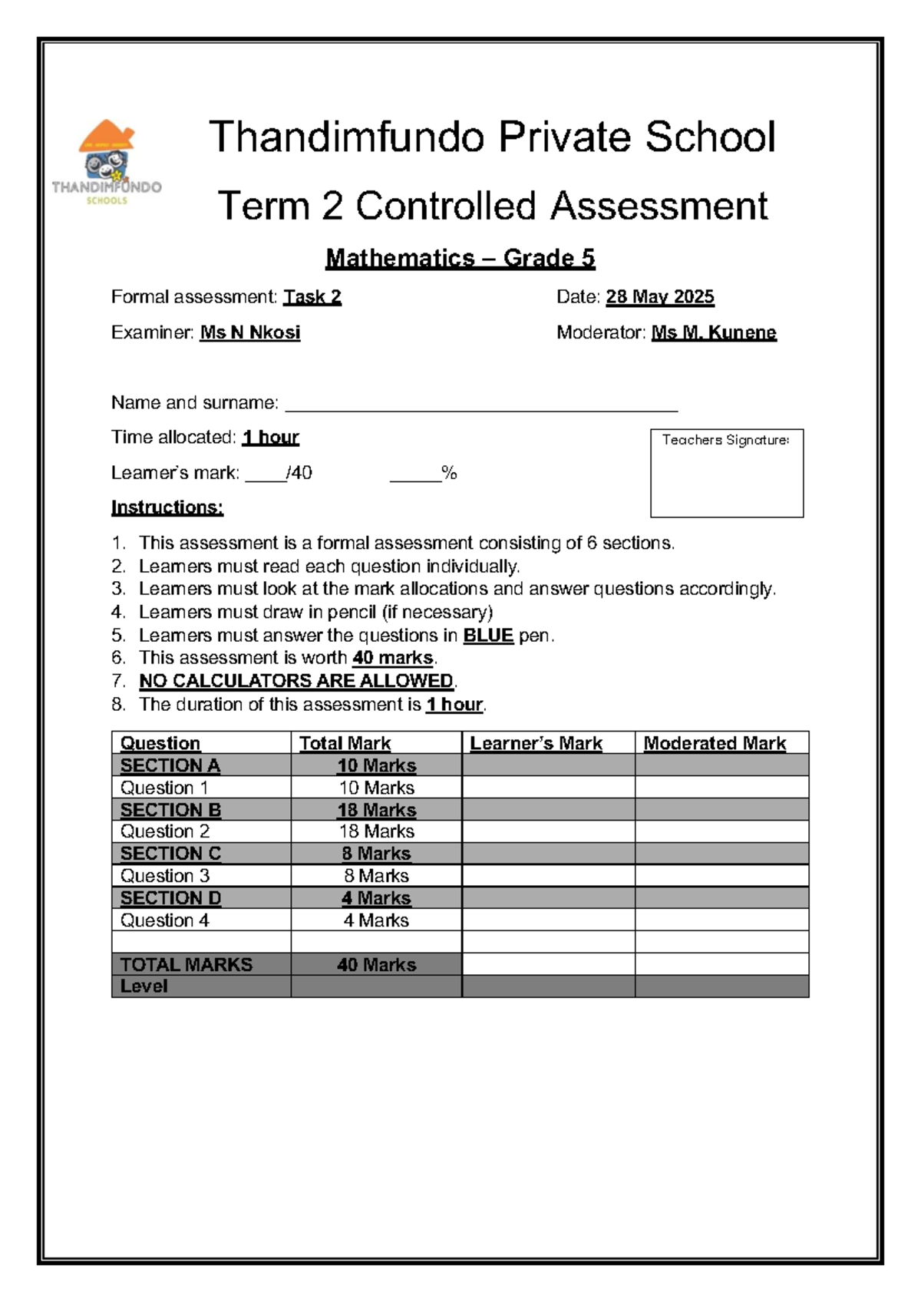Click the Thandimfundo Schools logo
point(106,162)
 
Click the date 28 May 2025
point(659,297)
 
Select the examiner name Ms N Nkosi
point(249,332)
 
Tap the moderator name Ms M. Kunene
point(713,332)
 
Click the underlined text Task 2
point(312,297)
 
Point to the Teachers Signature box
point(726,474)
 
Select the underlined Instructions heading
point(167,507)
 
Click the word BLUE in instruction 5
point(487,636)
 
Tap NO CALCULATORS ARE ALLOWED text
point(296,681)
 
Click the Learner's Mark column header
point(536,743)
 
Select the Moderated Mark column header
point(714,743)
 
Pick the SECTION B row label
point(170,810)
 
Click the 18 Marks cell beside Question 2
point(376,831)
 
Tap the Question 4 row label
point(164,920)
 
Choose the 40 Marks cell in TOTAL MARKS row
point(376,964)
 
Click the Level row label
point(144,986)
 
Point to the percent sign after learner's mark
point(449,474)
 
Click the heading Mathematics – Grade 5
point(460,258)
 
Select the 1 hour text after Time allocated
point(270,438)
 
